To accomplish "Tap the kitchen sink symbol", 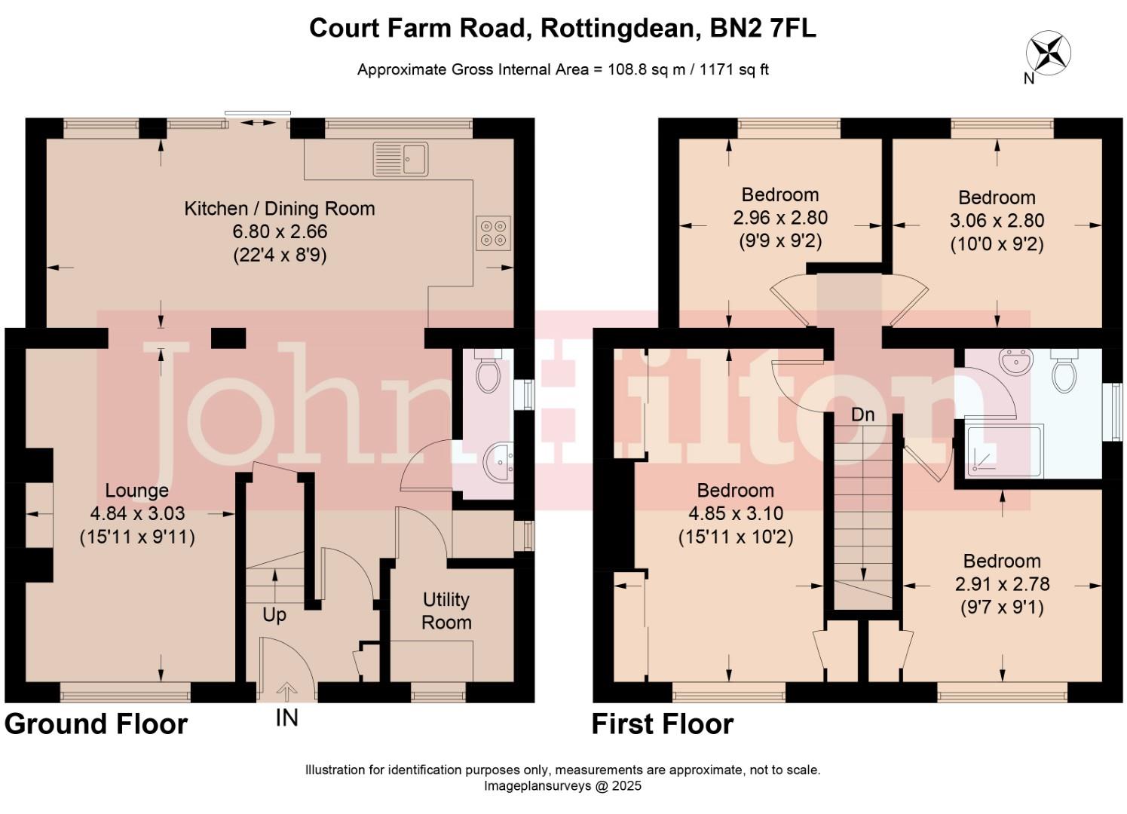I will [400, 159].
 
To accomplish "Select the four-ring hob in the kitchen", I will [493, 232].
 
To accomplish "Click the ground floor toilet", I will [488, 373].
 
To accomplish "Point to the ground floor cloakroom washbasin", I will [498, 461].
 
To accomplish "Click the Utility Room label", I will [446, 610].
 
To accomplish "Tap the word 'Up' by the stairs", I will [274, 615].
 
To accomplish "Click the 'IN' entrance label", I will [286, 718].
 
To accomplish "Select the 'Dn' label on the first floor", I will [862, 415].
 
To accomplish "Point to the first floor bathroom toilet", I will [1064, 372].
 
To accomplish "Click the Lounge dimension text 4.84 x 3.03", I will [137, 514].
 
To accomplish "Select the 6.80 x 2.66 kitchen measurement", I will [280, 232].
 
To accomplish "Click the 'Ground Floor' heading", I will [96, 724].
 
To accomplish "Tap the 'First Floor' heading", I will [662, 724].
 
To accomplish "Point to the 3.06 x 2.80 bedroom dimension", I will [997, 221].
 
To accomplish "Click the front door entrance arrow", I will [286, 690].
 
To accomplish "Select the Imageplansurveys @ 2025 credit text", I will [562, 786].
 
